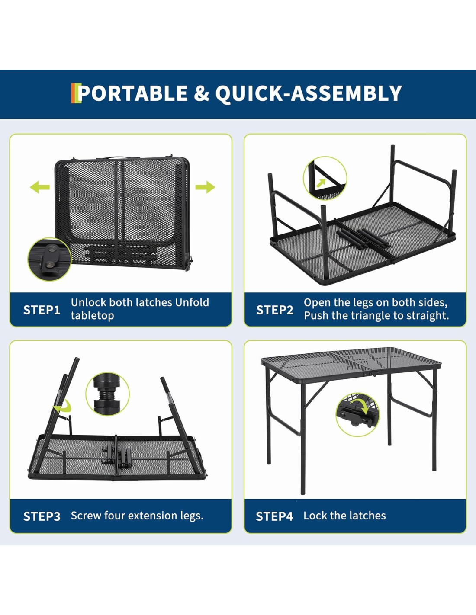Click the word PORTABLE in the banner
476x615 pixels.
pyautogui.click(x=132, y=93)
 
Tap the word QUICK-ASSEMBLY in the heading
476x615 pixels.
pyautogui.click(x=309, y=94)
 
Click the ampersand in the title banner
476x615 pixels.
pyautogui.click(x=201, y=93)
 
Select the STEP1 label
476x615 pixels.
pyautogui.click(x=42, y=310)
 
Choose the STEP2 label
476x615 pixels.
pyautogui.click(x=274, y=310)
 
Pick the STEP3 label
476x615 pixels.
pyautogui.click(x=42, y=516)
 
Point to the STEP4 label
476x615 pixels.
pyautogui.click(x=274, y=516)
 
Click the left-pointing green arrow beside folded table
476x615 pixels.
pyautogui.click(x=40, y=187)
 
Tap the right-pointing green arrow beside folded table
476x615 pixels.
pyautogui.click(x=205, y=187)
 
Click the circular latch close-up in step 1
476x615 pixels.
pyautogui.click(x=49, y=259)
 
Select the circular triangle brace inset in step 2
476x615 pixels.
pyautogui.click(x=325, y=178)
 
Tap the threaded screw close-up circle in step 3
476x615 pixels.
pyautogui.click(x=108, y=394)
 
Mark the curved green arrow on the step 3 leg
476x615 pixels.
pyautogui.click(x=64, y=407)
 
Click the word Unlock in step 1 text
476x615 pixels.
pyautogui.click(x=88, y=302)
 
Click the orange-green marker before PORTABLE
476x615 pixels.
pyautogui.click(x=76, y=93)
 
